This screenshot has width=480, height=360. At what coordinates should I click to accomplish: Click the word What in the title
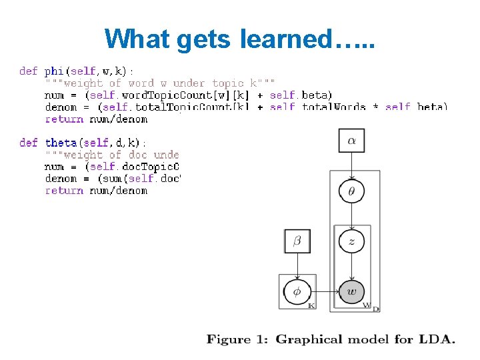coord(138,39)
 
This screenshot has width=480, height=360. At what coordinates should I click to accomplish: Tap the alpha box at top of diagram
coord(351,141)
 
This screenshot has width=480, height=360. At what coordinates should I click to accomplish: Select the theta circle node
coord(351,191)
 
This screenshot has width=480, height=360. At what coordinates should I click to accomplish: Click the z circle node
coord(351,241)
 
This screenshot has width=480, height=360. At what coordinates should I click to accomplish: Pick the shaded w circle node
coord(351,292)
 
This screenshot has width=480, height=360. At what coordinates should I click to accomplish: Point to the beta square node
coord(297,241)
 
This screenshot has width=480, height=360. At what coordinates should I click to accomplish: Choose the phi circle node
coord(297,292)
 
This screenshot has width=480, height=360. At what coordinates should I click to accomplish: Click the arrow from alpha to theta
coord(351,165)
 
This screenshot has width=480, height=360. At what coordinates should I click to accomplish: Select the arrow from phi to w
coord(324,292)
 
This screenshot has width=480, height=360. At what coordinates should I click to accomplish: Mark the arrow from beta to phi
coord(297,266)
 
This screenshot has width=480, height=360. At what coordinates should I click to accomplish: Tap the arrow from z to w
coord(351,267)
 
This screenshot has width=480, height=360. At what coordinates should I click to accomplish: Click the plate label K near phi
coord(311,305)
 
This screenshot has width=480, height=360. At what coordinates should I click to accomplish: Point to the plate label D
coord(376,309)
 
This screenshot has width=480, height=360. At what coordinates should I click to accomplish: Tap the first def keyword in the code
coord(28,71)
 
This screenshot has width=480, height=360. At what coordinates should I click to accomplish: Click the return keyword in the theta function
coord(64,191)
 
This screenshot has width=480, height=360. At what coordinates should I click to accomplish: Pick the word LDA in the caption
coord(437,339)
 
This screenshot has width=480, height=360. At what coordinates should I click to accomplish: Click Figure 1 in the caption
coord(238,339)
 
